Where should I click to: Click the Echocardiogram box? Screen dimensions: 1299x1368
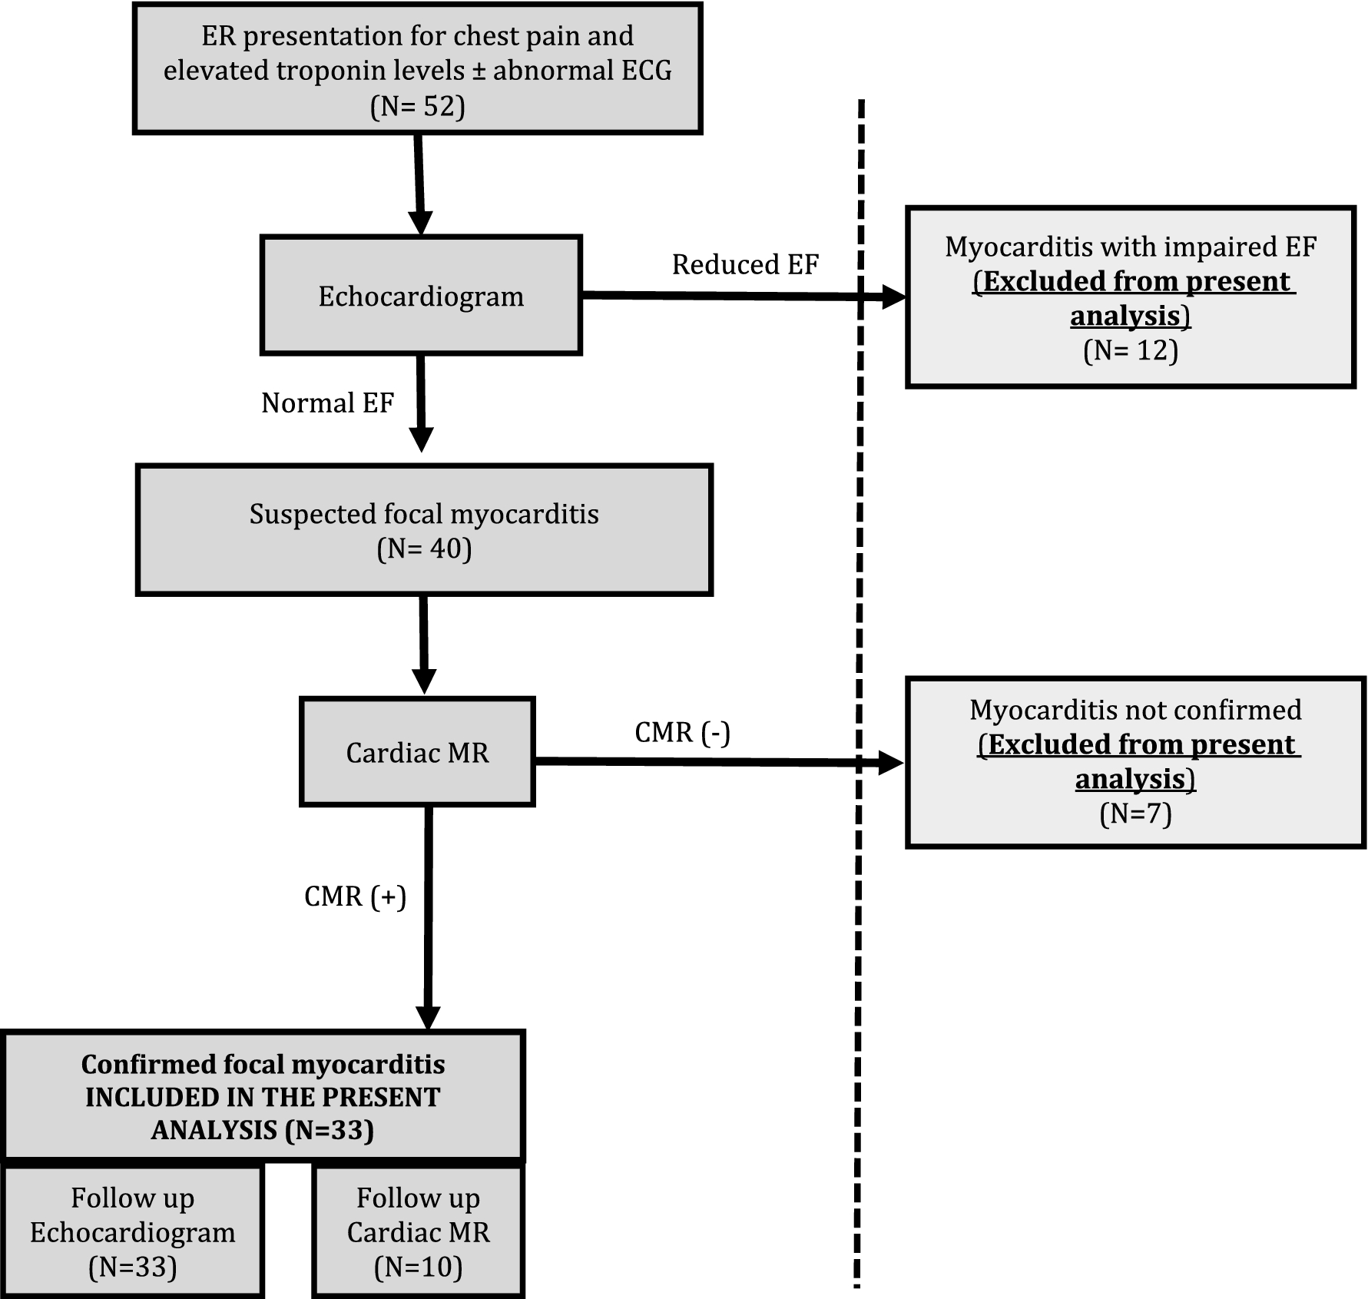pos(421,296)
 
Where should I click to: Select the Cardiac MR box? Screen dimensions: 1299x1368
pos(417,752)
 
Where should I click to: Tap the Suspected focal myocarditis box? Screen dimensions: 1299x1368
pos(424,530)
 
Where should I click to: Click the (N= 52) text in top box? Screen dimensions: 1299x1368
pos(417,106)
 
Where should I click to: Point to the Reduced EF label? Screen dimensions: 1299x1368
pos(745,264)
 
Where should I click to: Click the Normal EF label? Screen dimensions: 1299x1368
pos(327,403)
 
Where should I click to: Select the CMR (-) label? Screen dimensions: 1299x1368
pos(682,732)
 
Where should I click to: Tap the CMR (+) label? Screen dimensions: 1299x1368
pos(355,896)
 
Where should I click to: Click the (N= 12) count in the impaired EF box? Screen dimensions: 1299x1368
pos(1130,350)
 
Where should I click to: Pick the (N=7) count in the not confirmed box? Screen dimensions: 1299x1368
pos(1135,814)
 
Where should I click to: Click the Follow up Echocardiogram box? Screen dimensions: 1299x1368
pos(133,1232)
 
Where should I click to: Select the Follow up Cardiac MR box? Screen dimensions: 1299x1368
pos(418,1232)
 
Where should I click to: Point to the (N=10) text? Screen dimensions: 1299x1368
pos(418,1267)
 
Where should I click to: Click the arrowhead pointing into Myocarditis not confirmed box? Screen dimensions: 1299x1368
pos(890,763)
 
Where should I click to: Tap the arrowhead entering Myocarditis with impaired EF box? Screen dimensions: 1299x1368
pos(893,297)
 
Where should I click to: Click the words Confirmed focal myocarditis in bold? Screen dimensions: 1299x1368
pos(263,1064)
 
